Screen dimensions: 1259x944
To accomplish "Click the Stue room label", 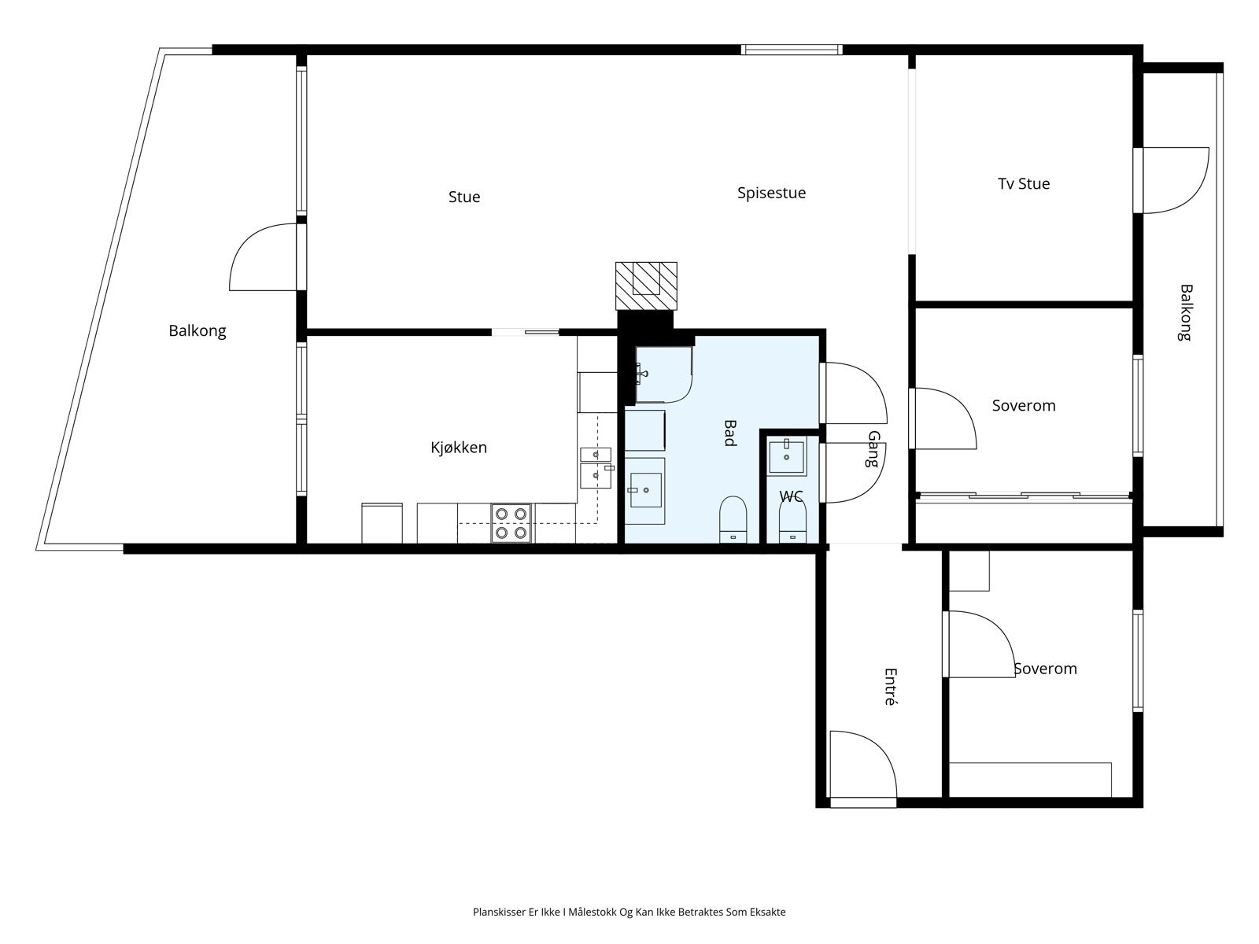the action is coord(464,197).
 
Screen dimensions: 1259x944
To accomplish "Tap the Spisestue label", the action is coord(771,194).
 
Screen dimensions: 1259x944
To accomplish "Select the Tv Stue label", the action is coord(1024,183).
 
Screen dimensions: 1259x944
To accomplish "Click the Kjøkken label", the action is coord(459,447).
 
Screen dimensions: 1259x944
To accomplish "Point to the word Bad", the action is coord(729,433).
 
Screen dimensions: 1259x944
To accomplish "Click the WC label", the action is coord(791,496).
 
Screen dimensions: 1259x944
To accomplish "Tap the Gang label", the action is coord(873,448).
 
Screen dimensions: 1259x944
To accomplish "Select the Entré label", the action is coord(890,687).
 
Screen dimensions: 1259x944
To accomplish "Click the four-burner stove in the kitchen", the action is coord(511,523).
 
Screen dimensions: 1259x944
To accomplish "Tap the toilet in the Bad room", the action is coord(733,519).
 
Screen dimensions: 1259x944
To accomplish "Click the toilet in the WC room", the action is coord(792,522).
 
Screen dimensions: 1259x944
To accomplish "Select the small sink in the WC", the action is coord(786,456).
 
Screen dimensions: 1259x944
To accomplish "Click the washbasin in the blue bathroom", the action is coord(645,490).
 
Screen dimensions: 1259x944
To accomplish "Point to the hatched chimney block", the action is coord(646,286).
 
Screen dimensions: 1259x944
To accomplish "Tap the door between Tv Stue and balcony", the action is coord(1172,181).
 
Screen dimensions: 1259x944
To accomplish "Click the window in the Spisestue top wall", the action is coord(792,50).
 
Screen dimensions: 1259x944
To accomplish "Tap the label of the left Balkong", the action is coord(198,330).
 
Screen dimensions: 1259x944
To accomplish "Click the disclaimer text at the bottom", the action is coord(629,912).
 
